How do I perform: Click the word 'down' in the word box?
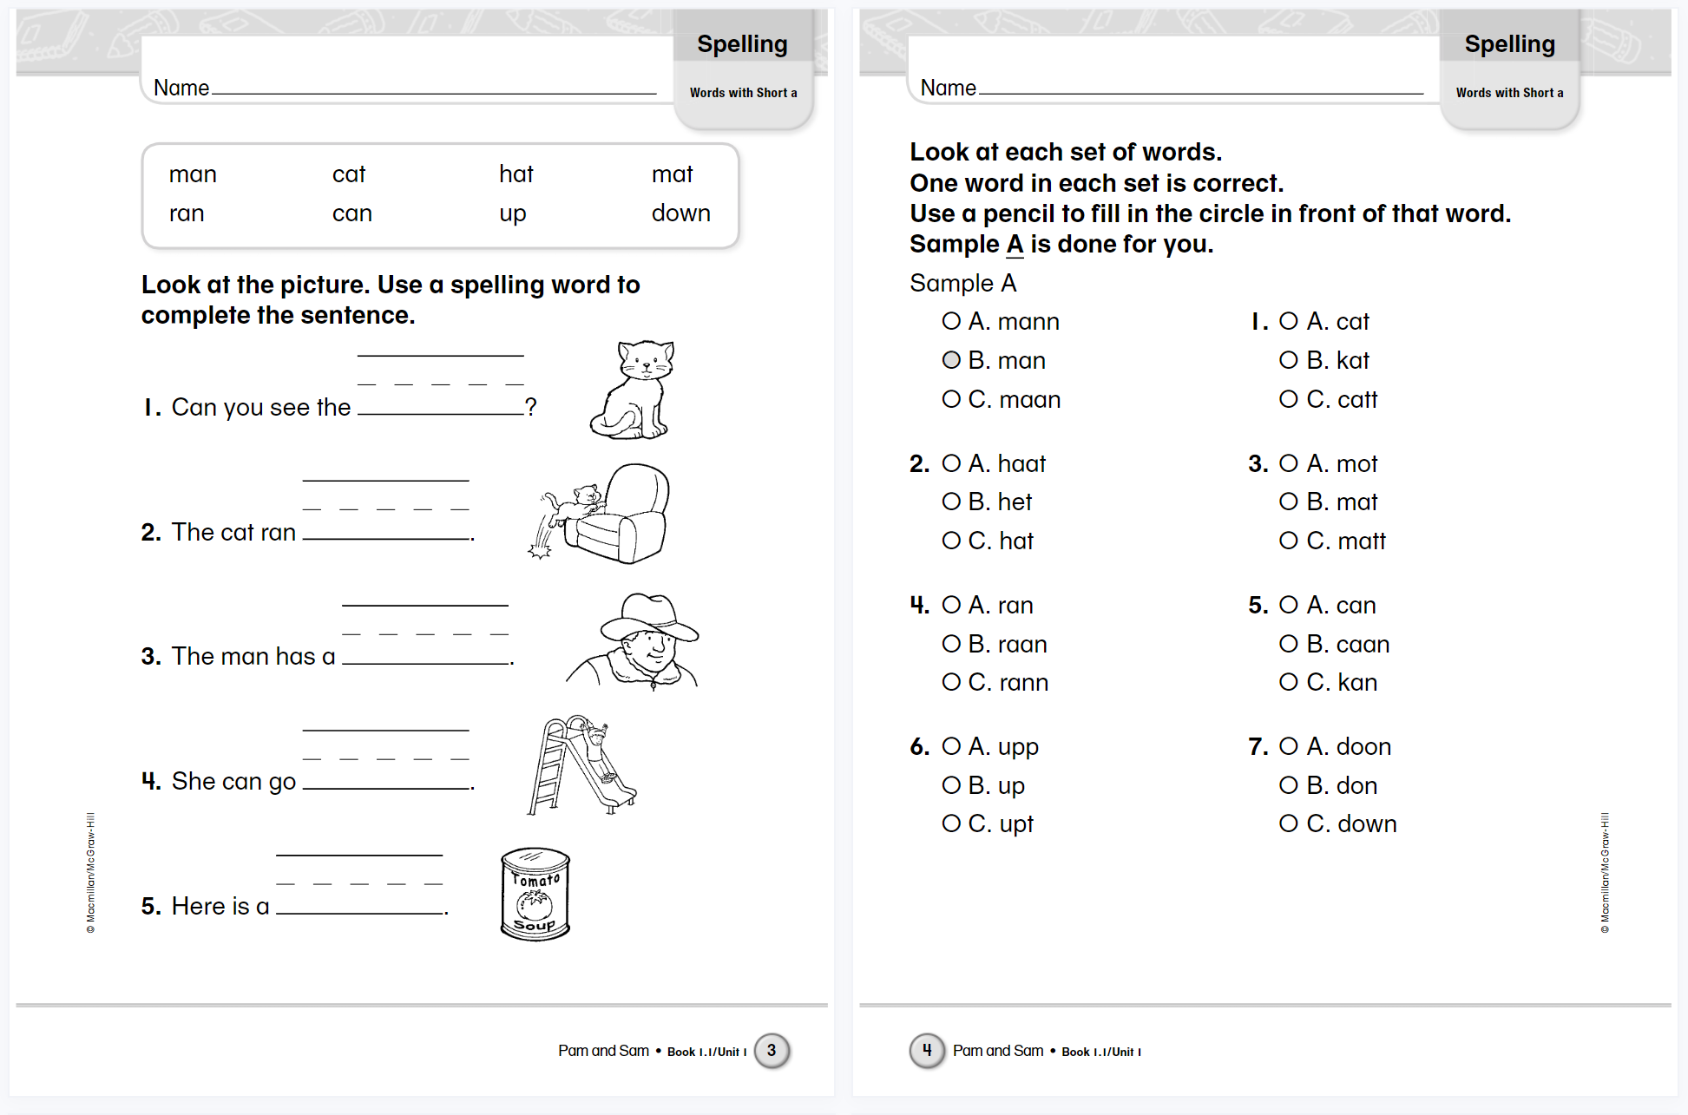click(x=680, y=213)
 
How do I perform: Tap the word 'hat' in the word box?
click(x=516, y=174)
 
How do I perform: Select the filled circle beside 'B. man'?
click(x=951, y=360)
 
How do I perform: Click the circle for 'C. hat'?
click(x=951, y=541)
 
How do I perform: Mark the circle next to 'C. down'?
click(x=1289, y=823)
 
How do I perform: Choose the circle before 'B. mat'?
click(x=1289, y=502)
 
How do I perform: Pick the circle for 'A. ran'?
click(x=951, y=605)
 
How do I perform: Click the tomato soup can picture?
click(x=535, y=895)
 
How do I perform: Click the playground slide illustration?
click(x=580, y=765)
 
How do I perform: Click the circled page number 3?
click(x=772, y=1051)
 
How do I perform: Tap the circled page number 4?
click(x=926, y=1051)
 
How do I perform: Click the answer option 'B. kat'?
click(x=1337, y=360)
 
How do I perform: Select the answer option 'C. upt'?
click(x=1000, y=823)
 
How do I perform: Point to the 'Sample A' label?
click(x=962, y=283)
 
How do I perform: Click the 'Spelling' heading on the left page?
click(x=742, y=44)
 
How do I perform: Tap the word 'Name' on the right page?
click(x=948, y=88)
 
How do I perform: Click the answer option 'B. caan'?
click(x=1347, y=644)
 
